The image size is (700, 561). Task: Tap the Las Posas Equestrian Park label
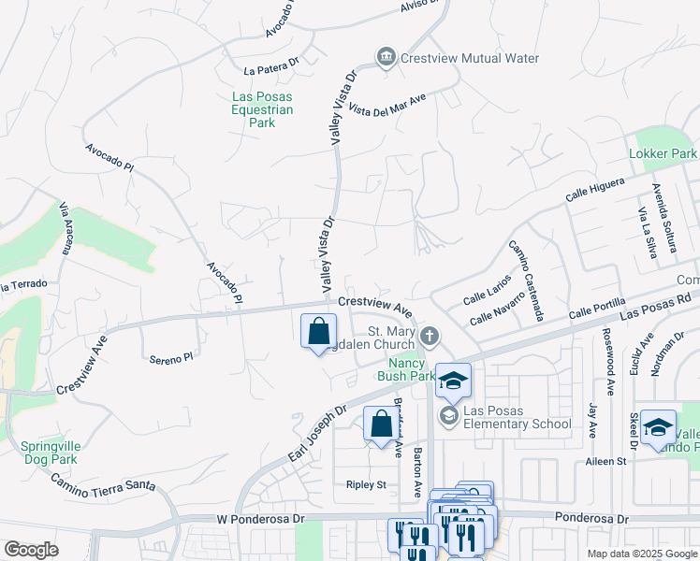pyautogui.click(x=263, y=109)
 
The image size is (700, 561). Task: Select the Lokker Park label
pyautogui.click(x=663, y=152)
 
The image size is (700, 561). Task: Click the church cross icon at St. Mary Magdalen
pyautogui.click(x=430, y=335)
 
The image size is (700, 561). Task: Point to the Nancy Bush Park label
pyautogui.click(x=401, y=369)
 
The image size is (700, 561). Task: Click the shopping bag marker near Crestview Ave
pyautogui.click(x=319, y=331)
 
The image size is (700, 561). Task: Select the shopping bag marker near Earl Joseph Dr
pyautogui.click(x=381, y=424)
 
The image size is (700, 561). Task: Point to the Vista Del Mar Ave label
pyautogui.click(x=386, y=103)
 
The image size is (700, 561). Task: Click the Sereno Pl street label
pyautogui.click(x=170, y=357)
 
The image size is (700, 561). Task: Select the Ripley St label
pyautogui.click(x=366, y=484)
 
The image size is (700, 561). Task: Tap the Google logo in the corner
pyautogui.click(x=31, y=550)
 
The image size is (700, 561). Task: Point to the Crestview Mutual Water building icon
pyautogui.click(x=385, y=58)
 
